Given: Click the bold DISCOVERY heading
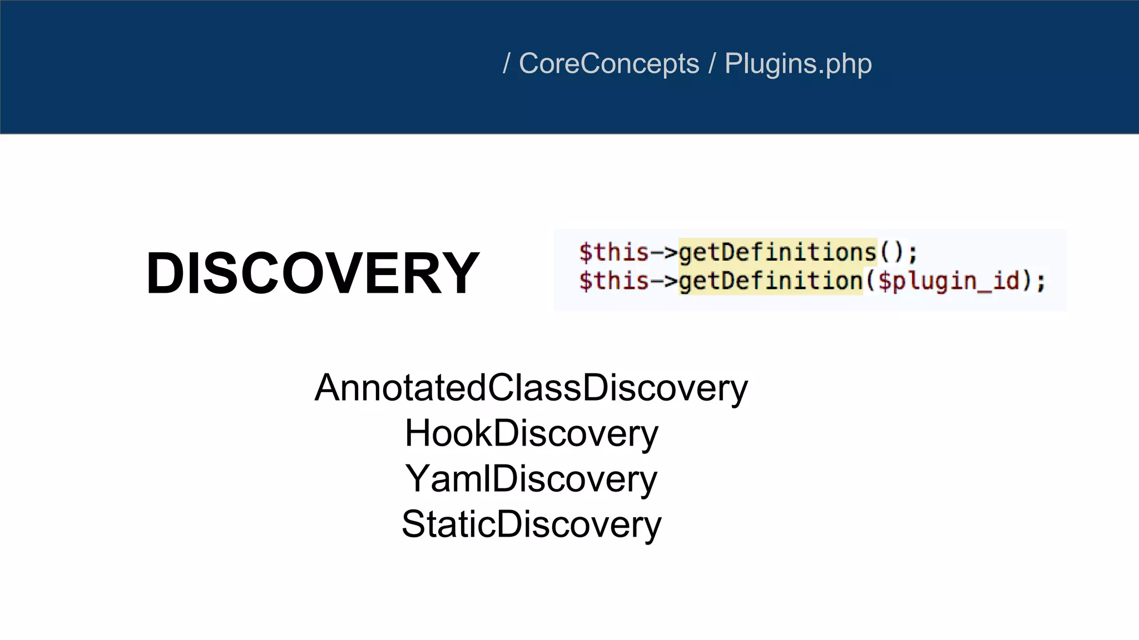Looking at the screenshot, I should tap(312, 273).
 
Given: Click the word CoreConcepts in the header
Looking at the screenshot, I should tap(608, 63).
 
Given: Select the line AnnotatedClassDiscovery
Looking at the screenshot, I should tap(531, 388).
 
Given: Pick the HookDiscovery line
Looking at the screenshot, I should tap(531, 433).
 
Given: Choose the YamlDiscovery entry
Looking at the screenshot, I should tap(531, 479).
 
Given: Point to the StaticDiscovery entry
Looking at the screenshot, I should tap(531, 524).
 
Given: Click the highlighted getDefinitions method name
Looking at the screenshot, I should tap(778, 253).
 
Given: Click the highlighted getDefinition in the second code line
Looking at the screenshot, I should tap(770, 281).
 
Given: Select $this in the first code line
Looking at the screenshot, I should tap(613, 253).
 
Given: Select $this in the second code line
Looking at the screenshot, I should tap(613, 281).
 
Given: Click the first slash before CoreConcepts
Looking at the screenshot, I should tap(506, 63).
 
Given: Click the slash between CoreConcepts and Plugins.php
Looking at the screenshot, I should tap(712, 63).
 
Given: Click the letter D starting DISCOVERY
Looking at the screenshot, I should tap(165, 273).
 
